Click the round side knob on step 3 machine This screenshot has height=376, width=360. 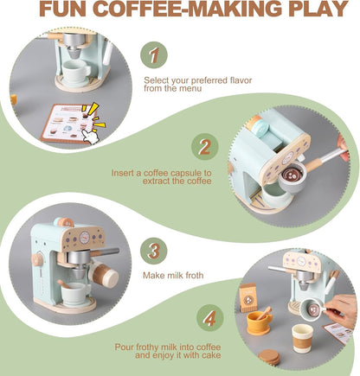(x=36, y=258)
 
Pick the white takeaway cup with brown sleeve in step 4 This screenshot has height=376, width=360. (x=303, y=337)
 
